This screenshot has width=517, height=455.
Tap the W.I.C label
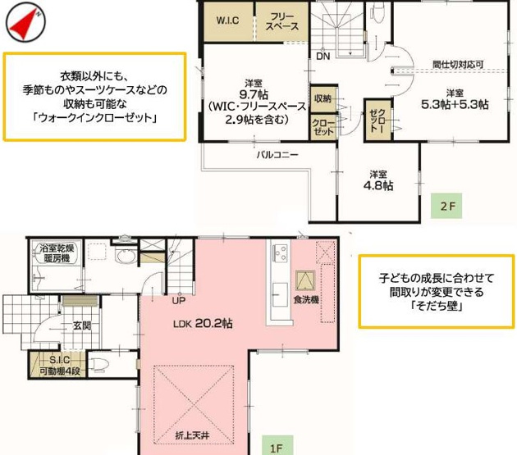point(227,21)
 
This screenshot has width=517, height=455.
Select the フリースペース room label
point(281,22)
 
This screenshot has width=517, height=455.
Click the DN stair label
point(323,57)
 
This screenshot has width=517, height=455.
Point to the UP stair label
point(178,300)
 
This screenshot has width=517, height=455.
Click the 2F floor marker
point(446,207)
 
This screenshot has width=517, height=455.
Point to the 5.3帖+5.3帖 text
point(455,104)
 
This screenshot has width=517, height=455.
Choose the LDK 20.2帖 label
point(203,324)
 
